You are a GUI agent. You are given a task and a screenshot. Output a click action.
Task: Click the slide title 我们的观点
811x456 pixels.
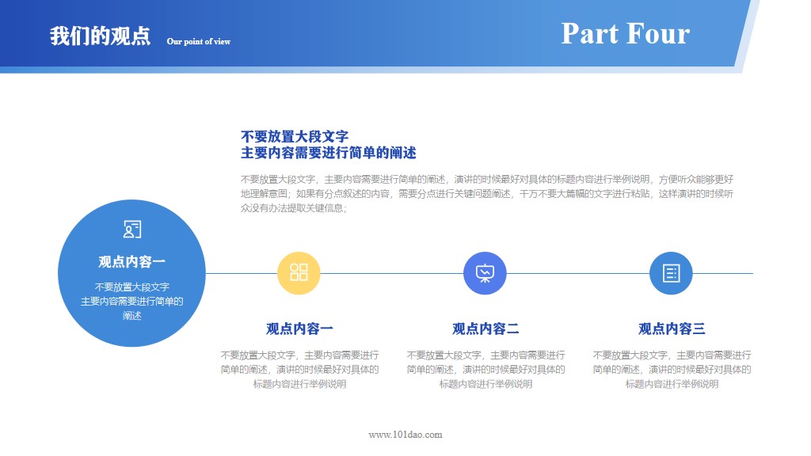pos(100,36)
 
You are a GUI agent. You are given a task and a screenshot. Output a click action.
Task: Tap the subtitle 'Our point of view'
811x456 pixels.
pos(198,41)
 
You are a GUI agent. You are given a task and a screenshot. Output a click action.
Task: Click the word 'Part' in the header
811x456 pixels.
pos(589,33)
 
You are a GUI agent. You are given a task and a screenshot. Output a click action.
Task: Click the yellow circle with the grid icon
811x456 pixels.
pos(299,273)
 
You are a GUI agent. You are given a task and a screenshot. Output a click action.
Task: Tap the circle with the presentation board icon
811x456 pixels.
pos(485,273)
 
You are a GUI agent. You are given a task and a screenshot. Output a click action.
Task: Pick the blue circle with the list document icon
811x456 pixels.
pos(671,273)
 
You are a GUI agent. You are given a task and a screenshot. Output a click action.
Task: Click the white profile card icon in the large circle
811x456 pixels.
pos(132,230)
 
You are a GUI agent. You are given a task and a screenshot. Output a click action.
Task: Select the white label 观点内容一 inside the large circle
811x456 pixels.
pos(132,262)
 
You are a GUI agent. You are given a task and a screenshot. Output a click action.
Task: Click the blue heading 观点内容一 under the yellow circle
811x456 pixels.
pos(299,329)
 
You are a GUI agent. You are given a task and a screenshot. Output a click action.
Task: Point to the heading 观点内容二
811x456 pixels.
pos(485,329)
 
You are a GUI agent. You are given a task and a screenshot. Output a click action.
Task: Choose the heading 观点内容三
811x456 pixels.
pos(672,329)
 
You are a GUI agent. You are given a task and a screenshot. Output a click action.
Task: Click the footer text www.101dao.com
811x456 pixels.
pos(405,435)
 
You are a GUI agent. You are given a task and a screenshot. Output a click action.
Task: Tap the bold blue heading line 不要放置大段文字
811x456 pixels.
pos(295,136)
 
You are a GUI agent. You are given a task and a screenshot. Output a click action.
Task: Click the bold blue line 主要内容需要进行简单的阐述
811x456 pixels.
pos(328,153)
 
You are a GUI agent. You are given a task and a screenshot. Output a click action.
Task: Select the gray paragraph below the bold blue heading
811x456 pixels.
pos(486,194)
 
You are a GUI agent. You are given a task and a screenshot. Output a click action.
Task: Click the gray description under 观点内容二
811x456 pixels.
pos(485,370)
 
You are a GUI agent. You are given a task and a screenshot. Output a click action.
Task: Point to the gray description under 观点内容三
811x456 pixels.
pos(672,370)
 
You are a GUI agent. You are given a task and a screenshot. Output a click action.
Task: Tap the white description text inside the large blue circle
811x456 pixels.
pos(132,301)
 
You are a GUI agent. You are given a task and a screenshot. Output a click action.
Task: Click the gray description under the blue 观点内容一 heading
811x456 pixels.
pos(299,370)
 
